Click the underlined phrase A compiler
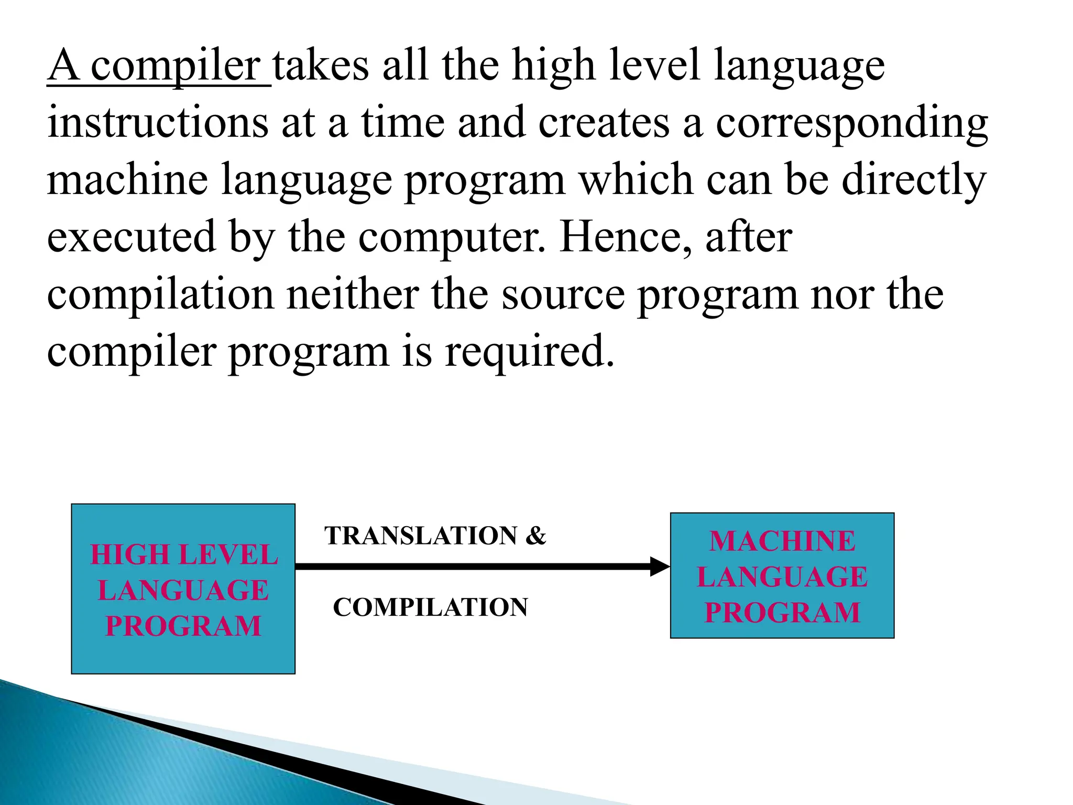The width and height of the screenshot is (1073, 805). click(x=159, y=67)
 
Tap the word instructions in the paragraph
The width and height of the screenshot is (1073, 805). click(x=158, y=123)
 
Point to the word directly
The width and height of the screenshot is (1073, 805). click(x=914, y=180)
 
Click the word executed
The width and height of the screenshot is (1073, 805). click(x=132, y=237)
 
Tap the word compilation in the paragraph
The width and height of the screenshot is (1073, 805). click(x=160, y=295)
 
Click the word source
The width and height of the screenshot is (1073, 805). click(x=563, y=295)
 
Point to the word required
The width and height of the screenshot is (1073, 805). click(x=529, y=352)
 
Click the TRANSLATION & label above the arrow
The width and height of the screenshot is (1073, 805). click(x=435, y=536)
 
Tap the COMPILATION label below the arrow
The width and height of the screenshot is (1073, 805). click(x=430, y=607)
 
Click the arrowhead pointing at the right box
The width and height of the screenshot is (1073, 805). click(x=659, y=567)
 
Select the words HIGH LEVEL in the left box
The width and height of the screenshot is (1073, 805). click(x=184, y=555)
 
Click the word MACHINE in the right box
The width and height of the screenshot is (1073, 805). click(x=782, y=541)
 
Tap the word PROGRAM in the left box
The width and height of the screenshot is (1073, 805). click(x=183, y=626)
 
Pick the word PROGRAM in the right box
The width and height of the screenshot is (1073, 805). click(x=782, y=613)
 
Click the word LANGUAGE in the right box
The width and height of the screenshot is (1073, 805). click(x=782, y=577)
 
